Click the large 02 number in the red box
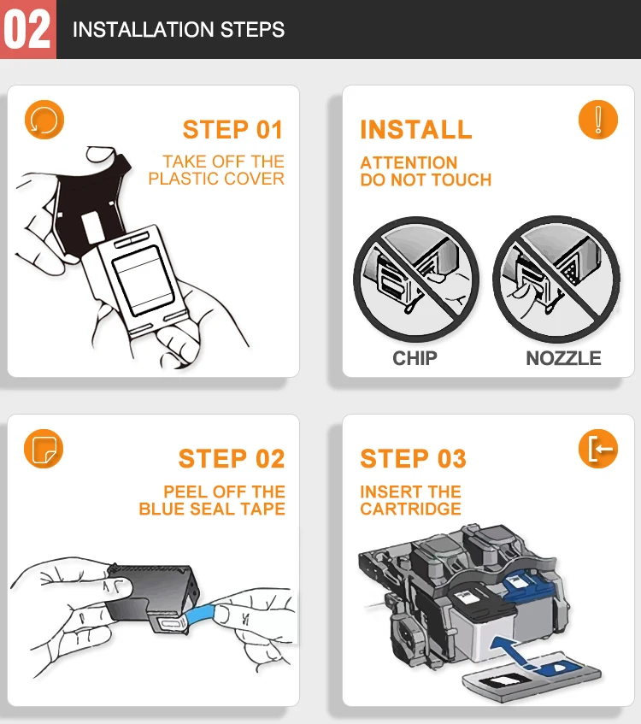[26, 30]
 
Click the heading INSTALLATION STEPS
[179, 30]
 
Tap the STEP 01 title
[232, 129]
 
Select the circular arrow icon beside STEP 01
[44, 120]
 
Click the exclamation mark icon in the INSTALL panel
[598, 120]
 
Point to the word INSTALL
[416, 129]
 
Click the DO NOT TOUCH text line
[426, 180]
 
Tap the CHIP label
[415, 358]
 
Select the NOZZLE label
[563, 358]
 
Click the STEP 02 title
[232, 458]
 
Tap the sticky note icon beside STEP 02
[44, 449]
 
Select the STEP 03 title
[413, 458]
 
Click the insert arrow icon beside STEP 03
[598, 449]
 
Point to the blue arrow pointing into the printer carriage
[513, 652]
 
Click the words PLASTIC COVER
[216, 179]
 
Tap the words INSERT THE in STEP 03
[410, 491]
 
